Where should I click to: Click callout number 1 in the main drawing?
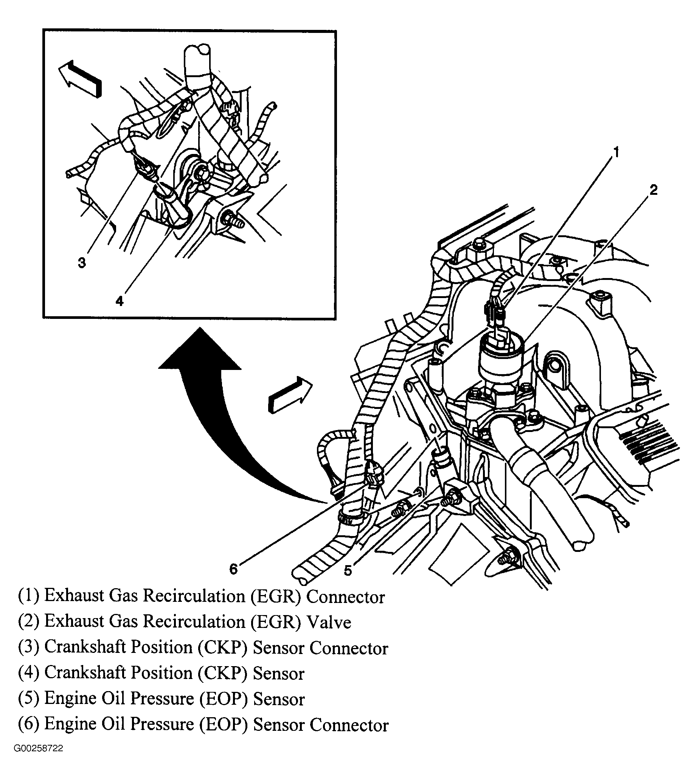click(615, 153)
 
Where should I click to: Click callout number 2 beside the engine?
click(653, 190)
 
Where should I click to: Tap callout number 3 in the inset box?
click(82, 263)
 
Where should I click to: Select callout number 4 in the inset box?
click(120, 301)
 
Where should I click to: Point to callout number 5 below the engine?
click(348, 571)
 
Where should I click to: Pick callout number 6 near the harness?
click(233, 569)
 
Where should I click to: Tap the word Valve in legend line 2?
click(329, 622)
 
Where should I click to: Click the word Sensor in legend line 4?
click(278, 674)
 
